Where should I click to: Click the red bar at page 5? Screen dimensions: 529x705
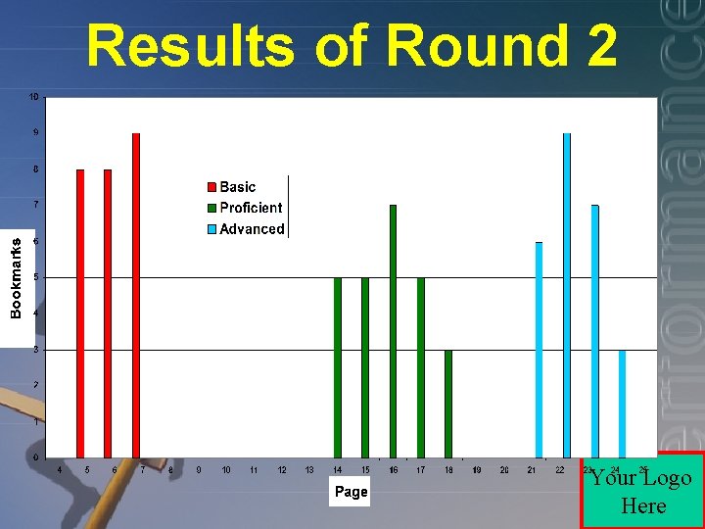[x=80, y=313]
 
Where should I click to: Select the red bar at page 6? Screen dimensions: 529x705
[x=108, y=313]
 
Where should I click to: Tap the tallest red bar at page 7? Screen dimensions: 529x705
[x=136, y=294]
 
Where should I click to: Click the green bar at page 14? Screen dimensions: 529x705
[x=338, y=367]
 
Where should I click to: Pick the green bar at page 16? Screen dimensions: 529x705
[x=393, y=331]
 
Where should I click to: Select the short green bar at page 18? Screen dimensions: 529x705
[x=448, y=404]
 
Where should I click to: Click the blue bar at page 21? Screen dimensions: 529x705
[x=539, y=350]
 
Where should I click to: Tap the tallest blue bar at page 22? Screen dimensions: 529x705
[x=567, y=294]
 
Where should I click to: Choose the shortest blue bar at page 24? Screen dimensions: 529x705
[x=622, y=404]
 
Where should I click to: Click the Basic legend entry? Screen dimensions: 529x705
[x=237, y=187]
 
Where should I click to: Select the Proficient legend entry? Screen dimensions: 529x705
[x=250, y=208]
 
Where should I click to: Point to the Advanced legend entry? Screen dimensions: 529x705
[x=251, y=229]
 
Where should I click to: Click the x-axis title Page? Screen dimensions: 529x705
[x=352, y=492]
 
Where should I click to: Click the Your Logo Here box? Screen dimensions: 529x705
[x=642, y=491]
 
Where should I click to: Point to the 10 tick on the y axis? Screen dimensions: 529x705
[x=33, y=97]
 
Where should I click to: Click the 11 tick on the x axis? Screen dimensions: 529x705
[x=254, y=471]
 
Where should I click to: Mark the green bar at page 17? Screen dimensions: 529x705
[x=421, y=367]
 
